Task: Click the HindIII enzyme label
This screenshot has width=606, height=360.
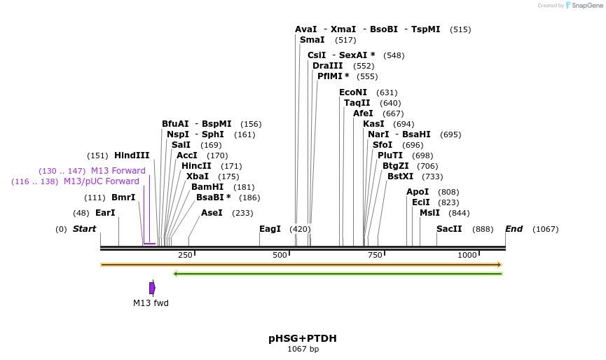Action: point(132,155)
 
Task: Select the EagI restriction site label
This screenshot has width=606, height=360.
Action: point(270,229)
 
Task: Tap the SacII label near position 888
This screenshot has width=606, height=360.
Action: point(449,229)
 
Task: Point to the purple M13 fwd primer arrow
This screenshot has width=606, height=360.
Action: point(152,288)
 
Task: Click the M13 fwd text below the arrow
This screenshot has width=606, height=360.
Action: point(151,303)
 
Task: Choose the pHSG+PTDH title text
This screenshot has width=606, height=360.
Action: point(302,338)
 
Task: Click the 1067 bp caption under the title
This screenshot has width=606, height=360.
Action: point(303,349)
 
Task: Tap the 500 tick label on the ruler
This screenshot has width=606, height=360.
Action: point(280,255)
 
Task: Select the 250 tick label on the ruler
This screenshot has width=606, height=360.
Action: point(185,255)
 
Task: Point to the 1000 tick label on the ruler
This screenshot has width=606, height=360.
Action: point(467,255)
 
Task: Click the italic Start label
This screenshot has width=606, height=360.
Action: point(84,229)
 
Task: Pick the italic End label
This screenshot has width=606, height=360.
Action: point(514,229)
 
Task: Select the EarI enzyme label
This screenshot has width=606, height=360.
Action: point(105,213)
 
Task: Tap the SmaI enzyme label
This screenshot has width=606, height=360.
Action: point(312,40)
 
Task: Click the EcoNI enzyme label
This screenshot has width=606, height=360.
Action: point(353,92)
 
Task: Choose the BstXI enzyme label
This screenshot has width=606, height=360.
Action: point(401,176)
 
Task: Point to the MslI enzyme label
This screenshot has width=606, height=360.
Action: point(429,213)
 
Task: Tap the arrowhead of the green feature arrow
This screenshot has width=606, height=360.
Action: point(175,274)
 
